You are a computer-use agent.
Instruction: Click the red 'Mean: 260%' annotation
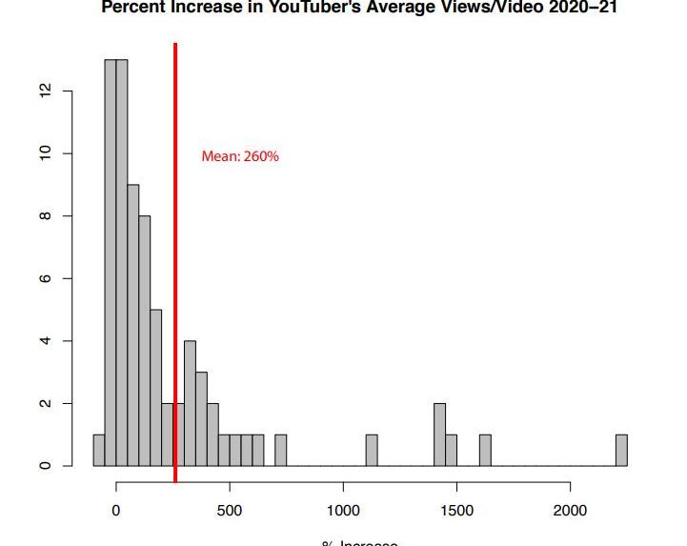click(x=240, y=156)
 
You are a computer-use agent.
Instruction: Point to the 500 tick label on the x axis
click(x=230, y=510)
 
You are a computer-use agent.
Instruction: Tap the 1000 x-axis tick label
click(x=343, y=510)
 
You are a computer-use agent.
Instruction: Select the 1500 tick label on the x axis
click(x=456, y=510)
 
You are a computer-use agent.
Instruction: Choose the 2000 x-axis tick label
click(x=570, y=510)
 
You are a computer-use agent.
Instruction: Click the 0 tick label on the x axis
click(x=116, y=510)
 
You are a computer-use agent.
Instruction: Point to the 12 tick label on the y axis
click(x=42, y=91)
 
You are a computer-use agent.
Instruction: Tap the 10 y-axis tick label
click(x=42, y=153)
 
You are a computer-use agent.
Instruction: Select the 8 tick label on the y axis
click(x=42, y=216)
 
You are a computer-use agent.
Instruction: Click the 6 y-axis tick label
click(x=42, y=278)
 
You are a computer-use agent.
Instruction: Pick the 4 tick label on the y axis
click(x=42, y=341)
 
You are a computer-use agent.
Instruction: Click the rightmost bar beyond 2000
click(x=621, y=451)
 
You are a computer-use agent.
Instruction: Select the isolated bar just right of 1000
click(x=372, y=451)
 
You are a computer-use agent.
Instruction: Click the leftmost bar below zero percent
click(x=98, y=451)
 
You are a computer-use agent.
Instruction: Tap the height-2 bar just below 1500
click(x=439, y=435)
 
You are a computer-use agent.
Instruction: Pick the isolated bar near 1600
click(x=485, y=451)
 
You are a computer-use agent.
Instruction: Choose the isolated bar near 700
click(x=281, y=451)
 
